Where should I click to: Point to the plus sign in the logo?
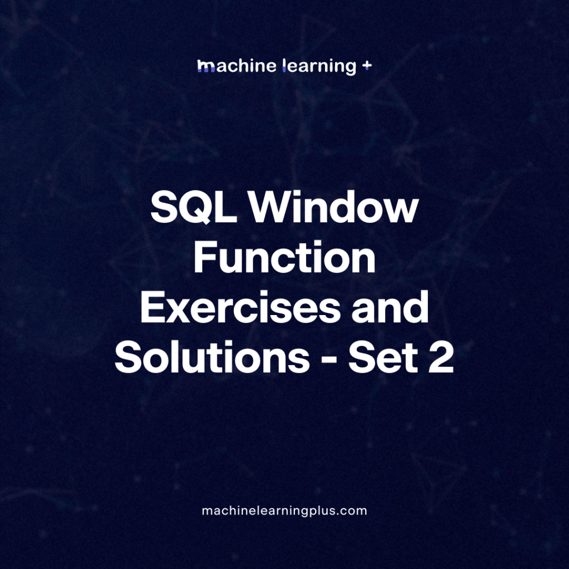click(x=366, y=66)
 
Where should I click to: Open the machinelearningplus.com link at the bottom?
click(x=284, y=511)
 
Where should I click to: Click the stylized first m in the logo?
click(x=206, y=67)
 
